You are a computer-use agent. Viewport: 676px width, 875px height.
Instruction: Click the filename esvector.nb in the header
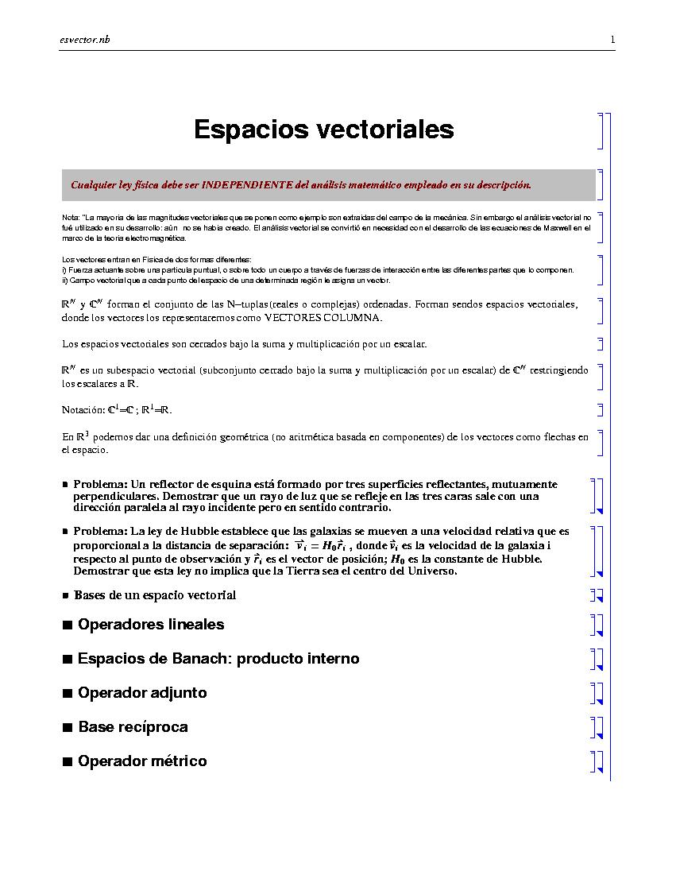click(84, 40)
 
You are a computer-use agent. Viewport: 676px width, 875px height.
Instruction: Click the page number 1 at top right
click(612, 40)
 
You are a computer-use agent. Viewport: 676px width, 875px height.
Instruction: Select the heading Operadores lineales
click(151, 625)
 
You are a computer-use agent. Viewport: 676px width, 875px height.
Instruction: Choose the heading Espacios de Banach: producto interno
click(218, 659)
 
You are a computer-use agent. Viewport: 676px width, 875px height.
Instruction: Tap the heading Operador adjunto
click(142, 693)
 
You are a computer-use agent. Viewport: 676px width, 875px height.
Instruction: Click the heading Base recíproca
click(133, 727)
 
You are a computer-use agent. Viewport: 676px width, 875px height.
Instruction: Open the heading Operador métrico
click(142, 761)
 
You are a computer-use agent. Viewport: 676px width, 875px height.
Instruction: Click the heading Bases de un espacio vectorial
click(155, 595)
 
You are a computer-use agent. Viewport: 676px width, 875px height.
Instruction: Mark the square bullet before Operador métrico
click(68, 762)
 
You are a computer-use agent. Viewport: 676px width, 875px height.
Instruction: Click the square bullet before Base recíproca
click(68, 728)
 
